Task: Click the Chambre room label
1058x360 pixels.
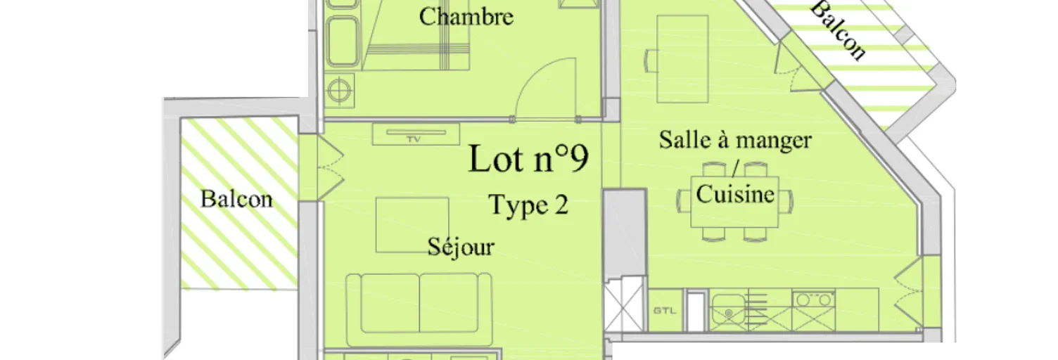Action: tap(466, 17)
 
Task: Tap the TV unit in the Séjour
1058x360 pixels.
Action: tap(416, 134)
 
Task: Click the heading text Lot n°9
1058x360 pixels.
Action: tap(528, 158)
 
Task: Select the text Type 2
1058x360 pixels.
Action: tap(528, 205)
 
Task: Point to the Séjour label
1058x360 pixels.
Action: tap(461, 246)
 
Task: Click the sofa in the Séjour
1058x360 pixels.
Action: tap(419, 309)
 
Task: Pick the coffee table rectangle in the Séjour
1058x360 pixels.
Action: tap(412, 225)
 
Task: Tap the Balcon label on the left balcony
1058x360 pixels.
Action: tap(236, 199)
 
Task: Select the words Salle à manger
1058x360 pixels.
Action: tap(735, 140)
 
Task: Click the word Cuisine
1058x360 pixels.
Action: tap(735, 194)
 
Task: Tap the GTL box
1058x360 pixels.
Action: tap(665, 311)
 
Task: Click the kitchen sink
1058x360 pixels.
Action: tap(728, 311)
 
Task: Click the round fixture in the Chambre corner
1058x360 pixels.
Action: tap(339, 89)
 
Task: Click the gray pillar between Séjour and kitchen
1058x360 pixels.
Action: tap(625, 233)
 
